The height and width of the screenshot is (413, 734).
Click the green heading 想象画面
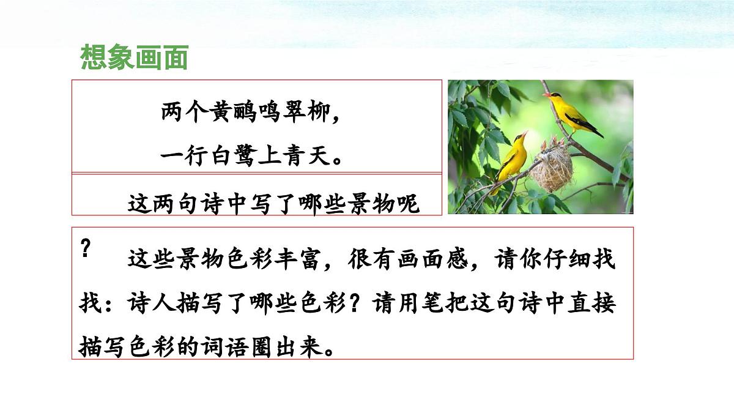134,58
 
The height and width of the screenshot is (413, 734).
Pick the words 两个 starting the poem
179,113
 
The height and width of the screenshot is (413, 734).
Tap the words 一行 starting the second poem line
179,155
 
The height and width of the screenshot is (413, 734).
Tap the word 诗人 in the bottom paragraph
147,304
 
